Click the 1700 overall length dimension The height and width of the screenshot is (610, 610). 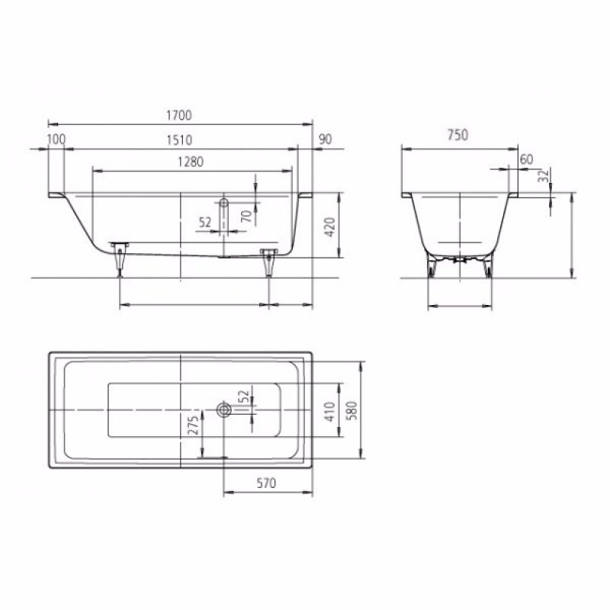coord(181,115)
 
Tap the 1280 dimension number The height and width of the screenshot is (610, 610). coord(191,162)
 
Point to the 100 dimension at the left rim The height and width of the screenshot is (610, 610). coord(56,140)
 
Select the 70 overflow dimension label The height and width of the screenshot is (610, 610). coord(246,217)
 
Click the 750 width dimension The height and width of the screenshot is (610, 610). coord(457,135)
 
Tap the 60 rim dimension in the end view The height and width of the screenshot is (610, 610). coord(525,159)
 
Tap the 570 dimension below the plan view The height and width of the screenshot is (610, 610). coord(265,483)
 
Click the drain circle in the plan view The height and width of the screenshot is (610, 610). coord(224,410)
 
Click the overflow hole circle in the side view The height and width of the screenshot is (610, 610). coord(224,204)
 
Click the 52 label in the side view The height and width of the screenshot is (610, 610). coord(204,223)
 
